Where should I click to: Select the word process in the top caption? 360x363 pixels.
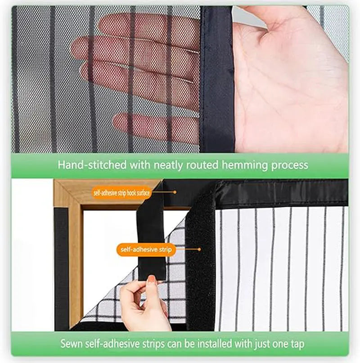tap(289, 165)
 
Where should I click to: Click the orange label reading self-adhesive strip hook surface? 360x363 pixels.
tap(121, 193)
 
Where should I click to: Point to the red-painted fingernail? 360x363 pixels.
tap(152, 279)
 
